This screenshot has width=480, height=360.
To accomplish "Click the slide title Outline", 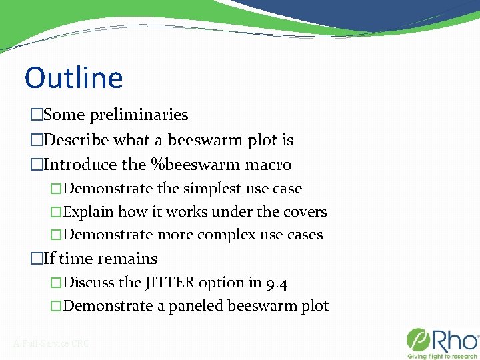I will coord(73,77).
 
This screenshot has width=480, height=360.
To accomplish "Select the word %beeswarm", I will coord(205,164).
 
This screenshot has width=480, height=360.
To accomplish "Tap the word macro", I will coord(269,164).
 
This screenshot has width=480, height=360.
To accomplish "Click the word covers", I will coord(305,212).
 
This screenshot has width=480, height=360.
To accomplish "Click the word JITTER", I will coord(169,283).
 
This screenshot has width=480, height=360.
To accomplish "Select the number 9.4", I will coord(277,283).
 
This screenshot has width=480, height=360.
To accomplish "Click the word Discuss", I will coord(89,283).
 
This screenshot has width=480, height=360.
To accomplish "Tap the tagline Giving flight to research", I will coord(441,355).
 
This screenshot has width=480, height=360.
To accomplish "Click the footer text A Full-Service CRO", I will coord(51,344).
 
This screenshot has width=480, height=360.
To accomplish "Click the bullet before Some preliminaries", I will coord(36,115).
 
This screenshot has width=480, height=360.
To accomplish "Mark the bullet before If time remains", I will coord(36,259).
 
